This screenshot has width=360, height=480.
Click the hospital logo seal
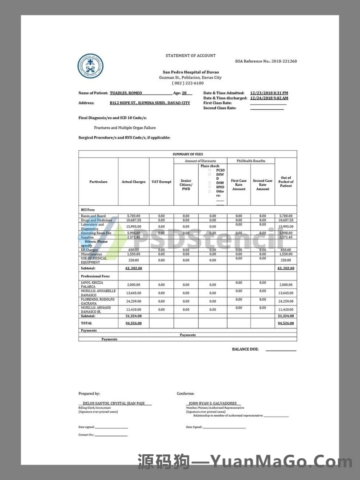(91, 67)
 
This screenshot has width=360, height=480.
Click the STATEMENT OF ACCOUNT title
(191, 56)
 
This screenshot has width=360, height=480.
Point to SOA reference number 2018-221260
(284, 61)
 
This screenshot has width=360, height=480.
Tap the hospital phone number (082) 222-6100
(188, 83)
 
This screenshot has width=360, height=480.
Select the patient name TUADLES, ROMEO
(126, 93)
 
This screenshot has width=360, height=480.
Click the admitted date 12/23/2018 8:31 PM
(269, 93)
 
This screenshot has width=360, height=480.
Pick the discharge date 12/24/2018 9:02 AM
(269, 98)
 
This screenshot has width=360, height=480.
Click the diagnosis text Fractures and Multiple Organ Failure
(125, 128)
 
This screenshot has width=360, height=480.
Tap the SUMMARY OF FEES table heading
(188, 154)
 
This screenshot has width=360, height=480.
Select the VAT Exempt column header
(161, 182)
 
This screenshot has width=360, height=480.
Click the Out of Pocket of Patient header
(286, 182)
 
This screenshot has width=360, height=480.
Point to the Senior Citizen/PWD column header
(186, 185)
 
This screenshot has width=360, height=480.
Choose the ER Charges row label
(89, 250)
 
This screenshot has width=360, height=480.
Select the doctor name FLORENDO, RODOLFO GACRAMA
(97, 301)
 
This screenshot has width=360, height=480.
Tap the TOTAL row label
(86, 323)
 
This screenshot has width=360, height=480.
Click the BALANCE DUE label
(245, 349)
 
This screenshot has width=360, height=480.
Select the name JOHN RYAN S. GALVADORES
(213, 404)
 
